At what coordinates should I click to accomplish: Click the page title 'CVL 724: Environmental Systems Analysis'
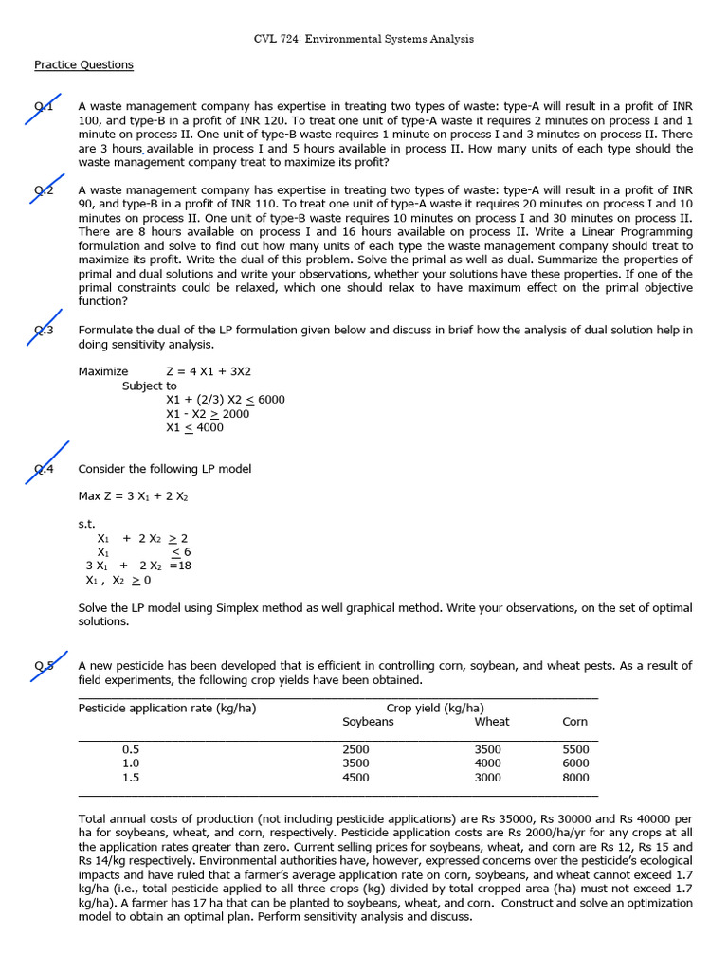tap(364, 39)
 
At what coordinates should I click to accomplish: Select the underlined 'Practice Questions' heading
tap(83, 64)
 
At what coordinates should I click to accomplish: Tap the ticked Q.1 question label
tap(45, 108)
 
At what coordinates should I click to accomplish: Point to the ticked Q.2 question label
tap(45, 190)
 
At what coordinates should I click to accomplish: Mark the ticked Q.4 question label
tap(45, 468)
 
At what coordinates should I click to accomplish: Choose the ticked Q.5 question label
tap(45, 665)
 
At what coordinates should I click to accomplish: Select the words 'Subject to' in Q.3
tap(149, 386)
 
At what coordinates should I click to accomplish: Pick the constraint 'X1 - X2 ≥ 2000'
tap(208, 414)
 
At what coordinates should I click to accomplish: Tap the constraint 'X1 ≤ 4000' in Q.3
tap(194, 428)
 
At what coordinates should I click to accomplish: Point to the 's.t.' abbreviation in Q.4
tap(86, 523)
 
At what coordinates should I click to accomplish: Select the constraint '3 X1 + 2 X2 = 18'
tap(138, 566)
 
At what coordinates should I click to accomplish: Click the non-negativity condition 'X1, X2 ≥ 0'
tap(118, 580)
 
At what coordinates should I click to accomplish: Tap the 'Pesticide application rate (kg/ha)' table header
tap(167, 708)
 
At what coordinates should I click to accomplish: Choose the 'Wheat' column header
tap(491, 722)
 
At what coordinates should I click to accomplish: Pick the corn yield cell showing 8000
tap(574, 778)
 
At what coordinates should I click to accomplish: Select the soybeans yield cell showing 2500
tap(355, 749)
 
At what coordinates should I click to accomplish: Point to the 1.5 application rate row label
tap(131, 778)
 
